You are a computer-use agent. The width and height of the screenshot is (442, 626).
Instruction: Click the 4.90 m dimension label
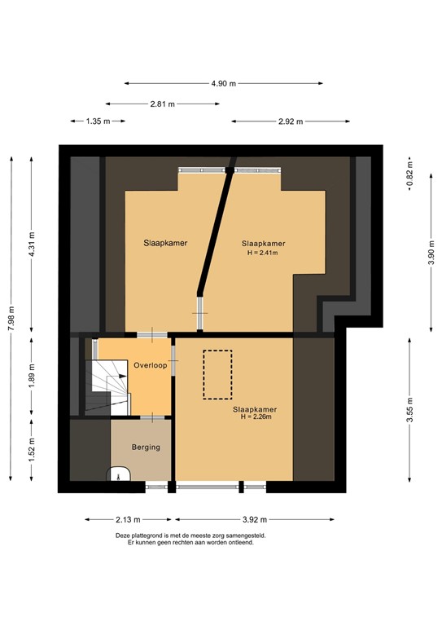(224, 83)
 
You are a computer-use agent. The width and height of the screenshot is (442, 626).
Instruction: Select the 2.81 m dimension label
(163, 104)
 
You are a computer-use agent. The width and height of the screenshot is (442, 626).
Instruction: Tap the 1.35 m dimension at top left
(98, 121)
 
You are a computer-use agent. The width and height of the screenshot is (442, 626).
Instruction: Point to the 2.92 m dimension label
(290, 121)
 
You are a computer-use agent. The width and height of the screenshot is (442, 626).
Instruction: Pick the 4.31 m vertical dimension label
(32, 242)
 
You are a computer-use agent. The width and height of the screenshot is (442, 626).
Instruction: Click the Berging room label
(146, 447)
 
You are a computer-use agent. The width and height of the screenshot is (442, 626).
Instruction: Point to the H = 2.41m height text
(263, 253)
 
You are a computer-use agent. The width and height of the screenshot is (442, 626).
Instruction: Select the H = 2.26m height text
(255, 417)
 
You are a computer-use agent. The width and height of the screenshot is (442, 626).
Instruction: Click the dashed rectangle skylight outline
(217, 374)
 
